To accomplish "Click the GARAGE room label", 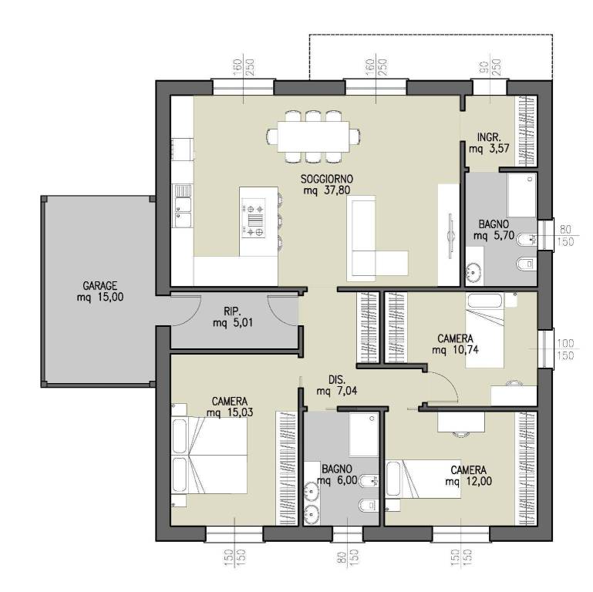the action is tap(99, 285).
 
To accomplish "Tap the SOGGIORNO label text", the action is tap(327, 178).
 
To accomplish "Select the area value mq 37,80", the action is tap(327, 190).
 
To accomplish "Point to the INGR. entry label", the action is tap(489, 137).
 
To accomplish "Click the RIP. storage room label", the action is tap(233, 311).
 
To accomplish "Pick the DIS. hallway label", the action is tap(336, 379).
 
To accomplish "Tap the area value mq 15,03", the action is tap(230, 412).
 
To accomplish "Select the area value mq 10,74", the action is tap(455, 350).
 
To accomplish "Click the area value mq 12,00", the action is tap(469, 481).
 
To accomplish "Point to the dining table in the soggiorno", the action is tap(313, 136).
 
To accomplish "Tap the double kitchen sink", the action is tap(183, 206).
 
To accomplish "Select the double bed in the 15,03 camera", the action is tap(209, 455).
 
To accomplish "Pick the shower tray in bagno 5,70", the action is tap(522, 195).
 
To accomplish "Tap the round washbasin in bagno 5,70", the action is tap(473, 271).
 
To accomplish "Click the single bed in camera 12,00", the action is tap(423, 479).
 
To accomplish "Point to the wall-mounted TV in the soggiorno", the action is tap(450, 237).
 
